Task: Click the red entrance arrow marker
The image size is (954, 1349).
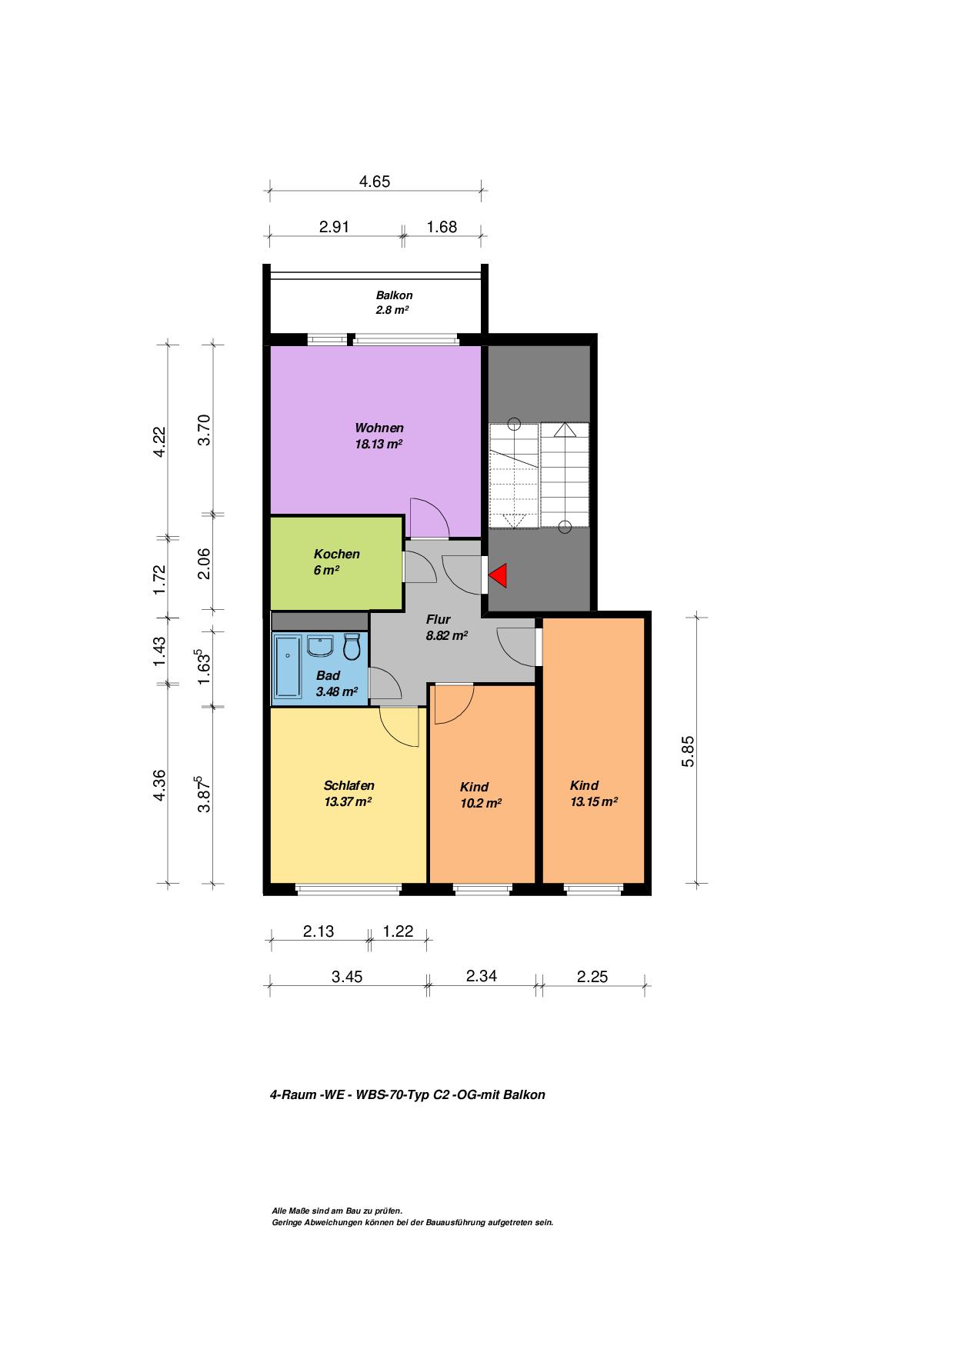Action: [x=499, y=575]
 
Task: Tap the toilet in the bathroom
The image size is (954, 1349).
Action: [x=352, y=647]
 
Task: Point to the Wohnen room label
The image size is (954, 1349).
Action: [x=379, y=428]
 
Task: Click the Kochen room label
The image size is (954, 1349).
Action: [x=336, y=555]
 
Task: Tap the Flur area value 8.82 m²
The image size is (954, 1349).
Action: [x=447, y=636]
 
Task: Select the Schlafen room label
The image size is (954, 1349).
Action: [x=349, y=786]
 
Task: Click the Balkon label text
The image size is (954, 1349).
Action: [x=394, y=295]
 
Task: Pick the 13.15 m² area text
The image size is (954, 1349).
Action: [x=594, y=801]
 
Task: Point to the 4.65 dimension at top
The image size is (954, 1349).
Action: [x=375, y=182]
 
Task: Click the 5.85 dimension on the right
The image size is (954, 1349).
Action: [x=689, y=751]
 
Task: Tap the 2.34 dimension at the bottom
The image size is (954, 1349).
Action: [x=482, y=976]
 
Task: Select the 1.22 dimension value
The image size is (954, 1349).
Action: [x=398, y=931]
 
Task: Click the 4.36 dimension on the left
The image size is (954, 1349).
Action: [x=159, y=785]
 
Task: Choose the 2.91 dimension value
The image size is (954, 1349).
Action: [x=335, y=227]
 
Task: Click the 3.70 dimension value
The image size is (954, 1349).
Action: [x=204, y=430]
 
